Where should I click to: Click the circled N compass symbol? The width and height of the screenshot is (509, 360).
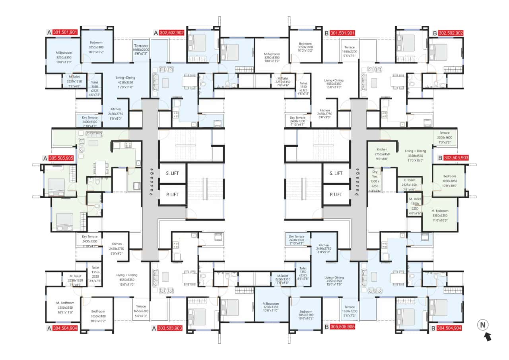point(483,325)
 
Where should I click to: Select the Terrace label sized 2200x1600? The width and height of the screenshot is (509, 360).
point(444,133)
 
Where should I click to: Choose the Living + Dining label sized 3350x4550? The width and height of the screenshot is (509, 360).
point(415,151)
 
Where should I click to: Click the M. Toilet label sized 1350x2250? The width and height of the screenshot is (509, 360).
point(415,199)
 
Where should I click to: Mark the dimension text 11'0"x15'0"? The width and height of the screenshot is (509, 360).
point(415,161)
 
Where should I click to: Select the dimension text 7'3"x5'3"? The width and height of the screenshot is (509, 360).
point(444,142)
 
